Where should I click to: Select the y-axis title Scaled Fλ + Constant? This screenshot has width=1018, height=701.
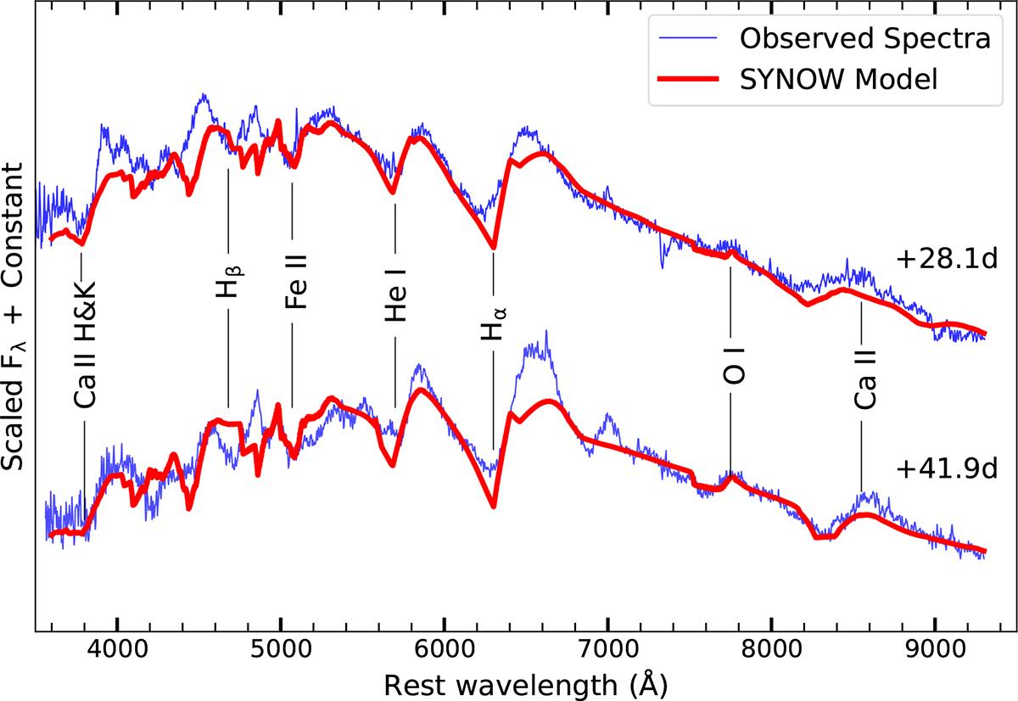tap(19, 318)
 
